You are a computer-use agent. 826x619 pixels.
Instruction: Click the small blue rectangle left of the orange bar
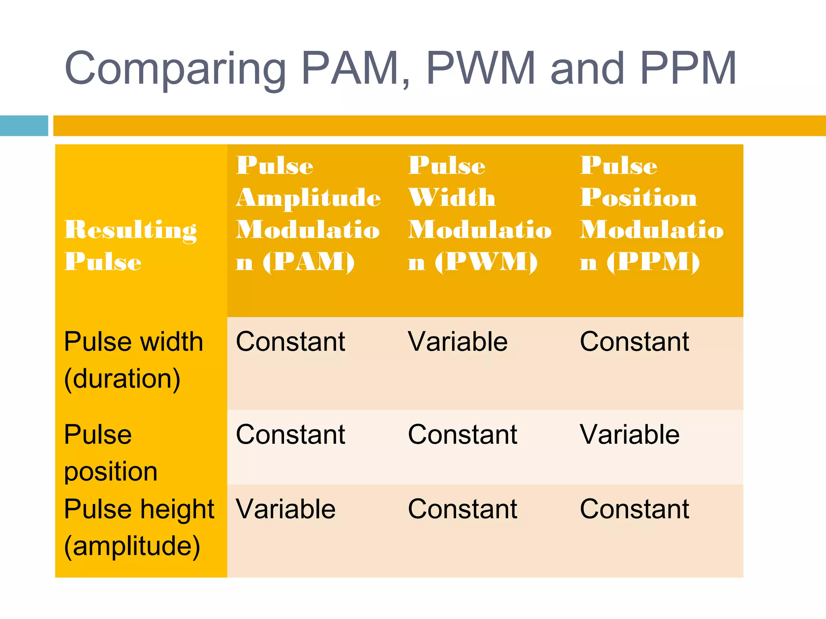tap(24, 126)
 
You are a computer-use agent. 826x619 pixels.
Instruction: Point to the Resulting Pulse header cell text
tap(130, 245)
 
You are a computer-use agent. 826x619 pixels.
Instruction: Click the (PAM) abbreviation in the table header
tap(309, 262)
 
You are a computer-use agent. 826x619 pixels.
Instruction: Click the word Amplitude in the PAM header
tap(309, 198)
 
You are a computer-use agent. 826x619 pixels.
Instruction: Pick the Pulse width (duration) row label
tap(133, 360)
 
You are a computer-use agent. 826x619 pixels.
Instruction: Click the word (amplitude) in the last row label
tap(132, 546)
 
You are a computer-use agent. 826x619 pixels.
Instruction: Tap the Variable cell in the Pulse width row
tap(458, 342)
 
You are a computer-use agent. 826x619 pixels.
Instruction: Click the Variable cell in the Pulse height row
tap(286, 509)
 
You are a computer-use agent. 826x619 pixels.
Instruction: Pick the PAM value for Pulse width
tap(290, 342)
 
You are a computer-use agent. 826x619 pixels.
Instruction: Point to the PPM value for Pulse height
tap(634, 509)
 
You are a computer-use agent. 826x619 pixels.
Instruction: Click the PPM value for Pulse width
tap(634, 342)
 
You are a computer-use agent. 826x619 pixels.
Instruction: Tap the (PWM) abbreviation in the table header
tap(486, 262)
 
